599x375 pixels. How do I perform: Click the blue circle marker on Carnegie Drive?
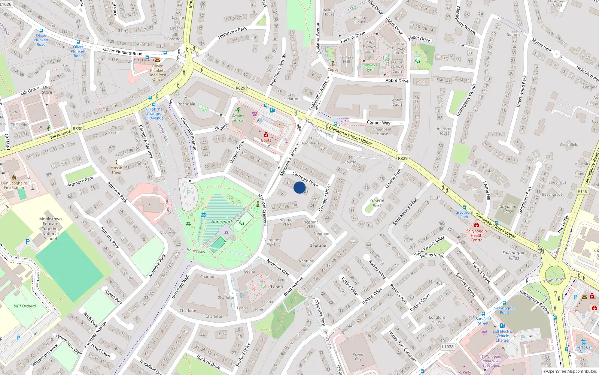tap(299, 187)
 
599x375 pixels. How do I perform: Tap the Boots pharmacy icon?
tap(266, 135)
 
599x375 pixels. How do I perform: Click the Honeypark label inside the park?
tap(222, 222)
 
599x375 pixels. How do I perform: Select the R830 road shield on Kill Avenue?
tap(77, 129)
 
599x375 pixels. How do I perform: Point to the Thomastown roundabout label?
tap(554, 280)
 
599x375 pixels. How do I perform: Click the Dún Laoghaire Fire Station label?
tap(14, 185)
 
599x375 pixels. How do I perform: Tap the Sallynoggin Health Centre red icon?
tap(476, 225)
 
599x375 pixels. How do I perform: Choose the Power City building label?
tap(358, 357)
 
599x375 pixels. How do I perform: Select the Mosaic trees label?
tap(116, 170)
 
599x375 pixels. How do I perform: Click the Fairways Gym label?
tap(369, 67)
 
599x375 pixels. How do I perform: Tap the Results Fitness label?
tap(238, 118)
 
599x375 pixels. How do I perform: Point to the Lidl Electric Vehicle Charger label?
tap(502, 336)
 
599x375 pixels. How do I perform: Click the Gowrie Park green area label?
tap(377, 203)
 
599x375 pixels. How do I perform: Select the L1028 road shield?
tap(447, 347)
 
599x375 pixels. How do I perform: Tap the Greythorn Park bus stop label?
tap(464, 214)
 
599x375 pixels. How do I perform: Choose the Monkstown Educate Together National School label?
tap(51, 228)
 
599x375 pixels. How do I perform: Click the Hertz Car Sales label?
tap(584, 349)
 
